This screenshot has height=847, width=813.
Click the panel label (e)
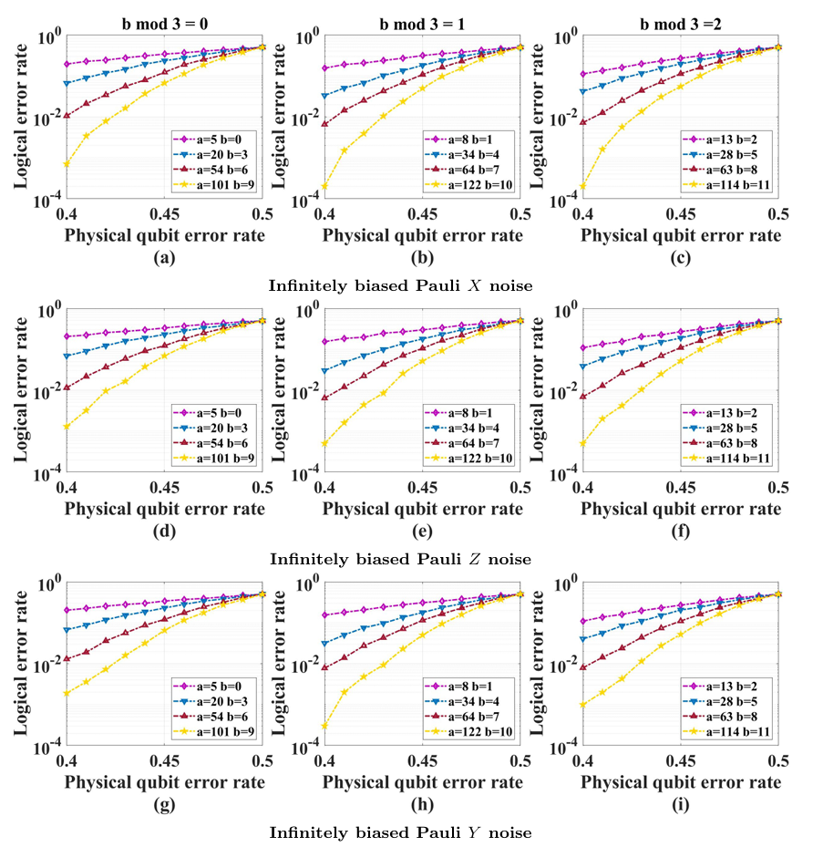422,531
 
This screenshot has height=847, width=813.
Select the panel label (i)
680,804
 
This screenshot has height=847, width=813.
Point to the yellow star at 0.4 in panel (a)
67,163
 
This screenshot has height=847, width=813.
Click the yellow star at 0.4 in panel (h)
324,726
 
